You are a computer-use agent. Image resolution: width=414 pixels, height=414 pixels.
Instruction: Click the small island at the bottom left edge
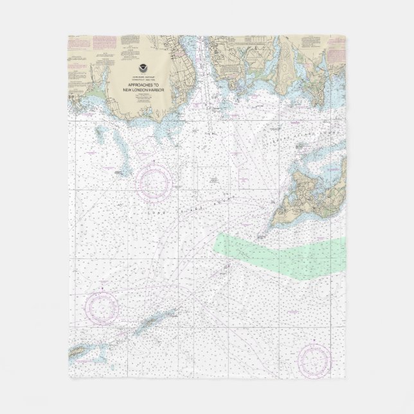(x=77, y=352)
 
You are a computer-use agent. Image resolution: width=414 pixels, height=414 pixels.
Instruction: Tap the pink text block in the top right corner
(x=335, y=45)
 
